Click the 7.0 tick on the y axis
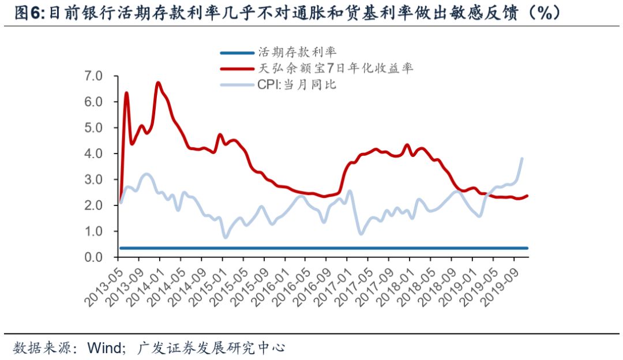[x=93, y=76]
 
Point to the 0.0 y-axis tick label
[x=93, y=257]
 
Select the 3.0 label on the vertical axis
[x=93, y=179]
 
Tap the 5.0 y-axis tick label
[x=93, y=127]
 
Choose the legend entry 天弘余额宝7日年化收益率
[x=335, y=69]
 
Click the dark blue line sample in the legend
[x=237, y=53]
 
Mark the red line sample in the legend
[x=237, y=69]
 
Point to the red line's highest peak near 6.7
[x=158, y=83]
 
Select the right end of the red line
[x=527, y=196]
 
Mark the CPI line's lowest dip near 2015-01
[x=225, y=237]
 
